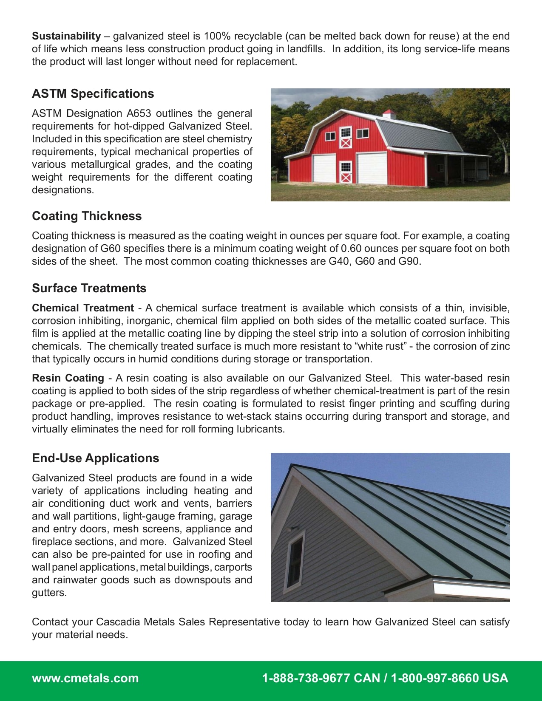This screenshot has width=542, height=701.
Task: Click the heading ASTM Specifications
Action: pos(93,93)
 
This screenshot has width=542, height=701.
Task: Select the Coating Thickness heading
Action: pos(87,216)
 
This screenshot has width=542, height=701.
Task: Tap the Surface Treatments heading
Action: pos(89,288)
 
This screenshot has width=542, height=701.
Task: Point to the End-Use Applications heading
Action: pos(95,458)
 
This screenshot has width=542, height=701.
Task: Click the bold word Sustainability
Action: pos(66,36)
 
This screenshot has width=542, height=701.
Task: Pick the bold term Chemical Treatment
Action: pos(83,308)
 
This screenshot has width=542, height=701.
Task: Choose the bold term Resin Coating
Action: pos(68,378)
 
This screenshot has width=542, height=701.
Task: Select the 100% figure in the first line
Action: pos(217,36)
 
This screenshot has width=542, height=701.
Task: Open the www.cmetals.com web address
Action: pos(85,678)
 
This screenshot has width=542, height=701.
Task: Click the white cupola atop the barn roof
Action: pos(389,114)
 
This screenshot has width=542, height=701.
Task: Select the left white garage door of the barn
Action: pos(324,169)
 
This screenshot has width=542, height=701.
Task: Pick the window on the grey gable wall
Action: pos(295,560)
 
